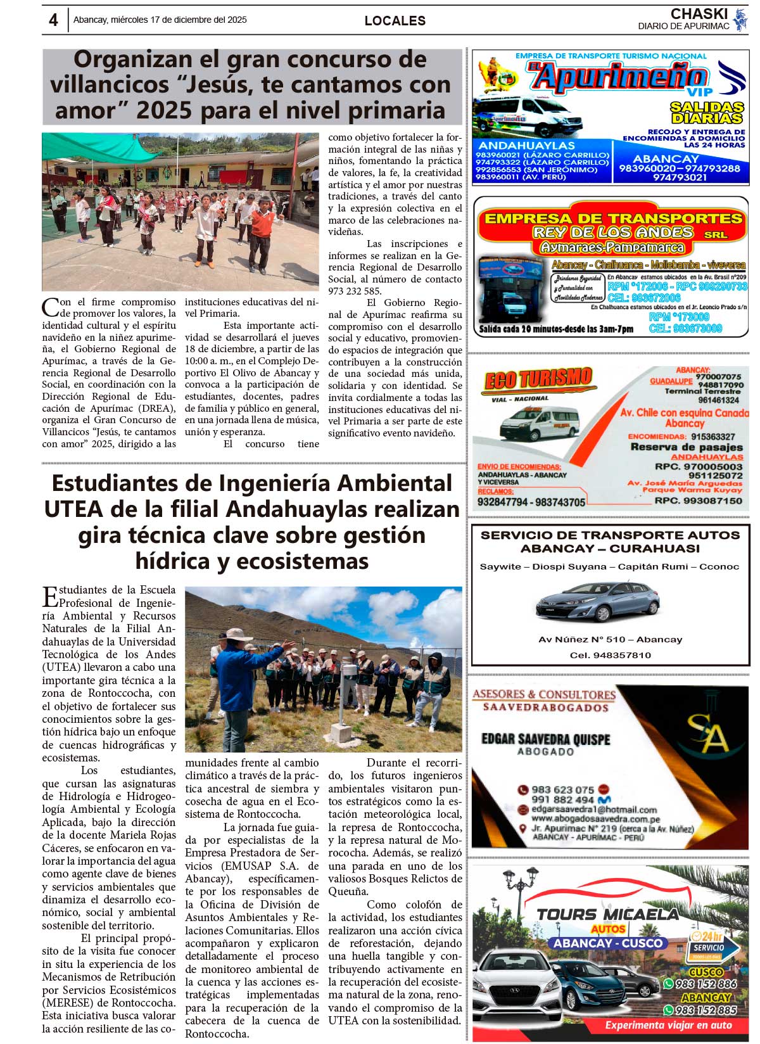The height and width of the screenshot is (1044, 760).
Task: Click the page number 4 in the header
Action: click(x=53, y=20)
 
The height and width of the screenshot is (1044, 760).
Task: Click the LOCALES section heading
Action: click(x=395, y=21)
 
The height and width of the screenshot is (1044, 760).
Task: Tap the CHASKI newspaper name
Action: click(x=699, y=14)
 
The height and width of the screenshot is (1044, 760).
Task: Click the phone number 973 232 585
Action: click(x=355, y=291)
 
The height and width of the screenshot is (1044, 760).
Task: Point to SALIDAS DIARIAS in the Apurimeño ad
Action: click(x=707, y=113)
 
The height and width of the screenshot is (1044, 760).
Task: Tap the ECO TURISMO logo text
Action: click(x=538, y=380)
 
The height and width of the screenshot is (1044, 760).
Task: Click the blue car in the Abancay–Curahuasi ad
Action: click(x=597, y=600)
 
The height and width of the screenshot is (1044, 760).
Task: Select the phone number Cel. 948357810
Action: click(x=610, y=655)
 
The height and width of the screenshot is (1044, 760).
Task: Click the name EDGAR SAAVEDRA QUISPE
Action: click(x=545, y=739)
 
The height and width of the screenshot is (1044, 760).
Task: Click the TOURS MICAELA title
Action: click(x=607, y=914)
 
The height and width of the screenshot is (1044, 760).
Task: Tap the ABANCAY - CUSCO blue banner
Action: click(x=608, y=943)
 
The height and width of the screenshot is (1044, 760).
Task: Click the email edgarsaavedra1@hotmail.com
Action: click(x=594, y=810)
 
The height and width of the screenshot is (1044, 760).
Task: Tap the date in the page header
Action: click(x=160, y=20)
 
